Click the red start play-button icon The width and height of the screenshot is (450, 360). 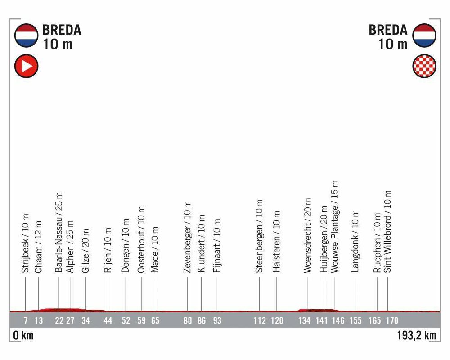coord(27,67)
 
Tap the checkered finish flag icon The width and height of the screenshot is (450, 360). coord(424,67)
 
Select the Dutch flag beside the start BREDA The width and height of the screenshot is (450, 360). coord(27,36)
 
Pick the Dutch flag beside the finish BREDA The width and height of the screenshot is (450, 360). coord(424,36)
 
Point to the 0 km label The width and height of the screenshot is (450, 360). coord(22,336)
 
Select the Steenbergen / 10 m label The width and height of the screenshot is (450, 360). coord(259,236)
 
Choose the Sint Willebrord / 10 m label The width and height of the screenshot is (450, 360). coord(388,232)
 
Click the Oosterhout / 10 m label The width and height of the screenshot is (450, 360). coord(141,239)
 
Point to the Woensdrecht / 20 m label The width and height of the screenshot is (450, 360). coord(308,235)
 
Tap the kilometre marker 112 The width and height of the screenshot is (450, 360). coord(260,321)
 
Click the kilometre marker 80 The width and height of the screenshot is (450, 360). coord(188,321)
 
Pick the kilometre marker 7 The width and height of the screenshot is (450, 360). coord(26,321)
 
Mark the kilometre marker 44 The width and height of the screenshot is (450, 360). coord(108,321)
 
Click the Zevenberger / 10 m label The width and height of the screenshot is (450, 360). coord(188,237)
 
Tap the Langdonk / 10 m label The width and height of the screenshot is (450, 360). coord(355,241)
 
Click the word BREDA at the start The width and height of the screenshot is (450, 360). coord(62,30)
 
